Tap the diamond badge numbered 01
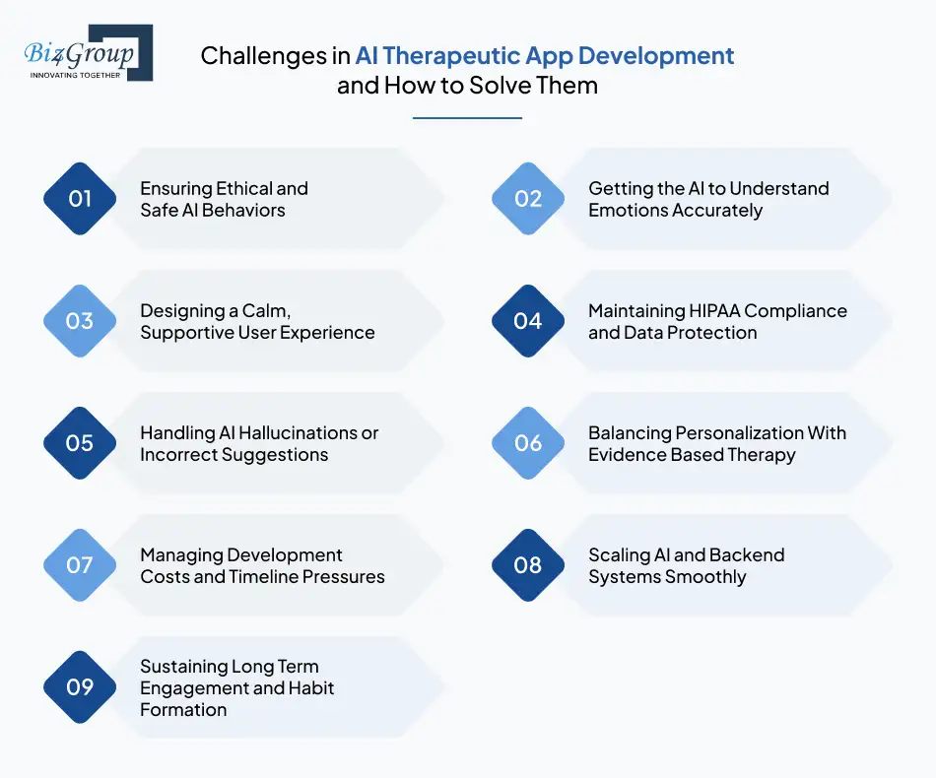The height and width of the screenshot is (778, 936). tap(80, 199)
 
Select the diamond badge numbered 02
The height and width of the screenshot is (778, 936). tap(528, 199)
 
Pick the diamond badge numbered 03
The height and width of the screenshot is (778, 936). tap(80, 321)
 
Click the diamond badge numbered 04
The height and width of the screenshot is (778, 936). tap(528, 321)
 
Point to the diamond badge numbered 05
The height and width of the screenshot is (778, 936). tap(80, 443)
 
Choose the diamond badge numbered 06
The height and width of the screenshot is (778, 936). tap(528, 443)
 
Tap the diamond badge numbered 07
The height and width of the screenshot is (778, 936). tap(80, 565)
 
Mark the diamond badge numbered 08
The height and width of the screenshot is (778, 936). tap(528, 565)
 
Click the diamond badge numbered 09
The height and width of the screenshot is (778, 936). tap(80, 687)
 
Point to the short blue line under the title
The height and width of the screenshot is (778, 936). tap(467, 118)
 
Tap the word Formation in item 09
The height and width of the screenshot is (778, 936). tap(183, 710)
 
